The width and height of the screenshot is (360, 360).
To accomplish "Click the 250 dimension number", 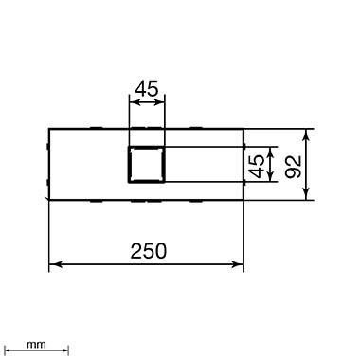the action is [x=148, y=251].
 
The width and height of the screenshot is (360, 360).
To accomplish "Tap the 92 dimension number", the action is [x=293, y=167].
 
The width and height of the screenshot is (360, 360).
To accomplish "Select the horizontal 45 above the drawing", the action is [x=146, y=89].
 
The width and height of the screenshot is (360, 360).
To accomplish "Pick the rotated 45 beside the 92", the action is [x=256, y=166].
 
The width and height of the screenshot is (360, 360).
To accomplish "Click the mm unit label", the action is [x=36, y=345].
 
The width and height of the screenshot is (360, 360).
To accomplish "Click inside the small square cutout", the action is [x=146, y=165].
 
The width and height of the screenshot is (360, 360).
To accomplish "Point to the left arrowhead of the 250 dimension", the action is [x=55, y=264].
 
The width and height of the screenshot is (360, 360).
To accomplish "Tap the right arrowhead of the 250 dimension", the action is [x=238, y=264].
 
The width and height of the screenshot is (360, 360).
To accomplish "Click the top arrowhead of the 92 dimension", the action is [x=306, y=135].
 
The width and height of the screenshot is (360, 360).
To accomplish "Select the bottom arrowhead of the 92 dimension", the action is [x=306, y=194].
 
